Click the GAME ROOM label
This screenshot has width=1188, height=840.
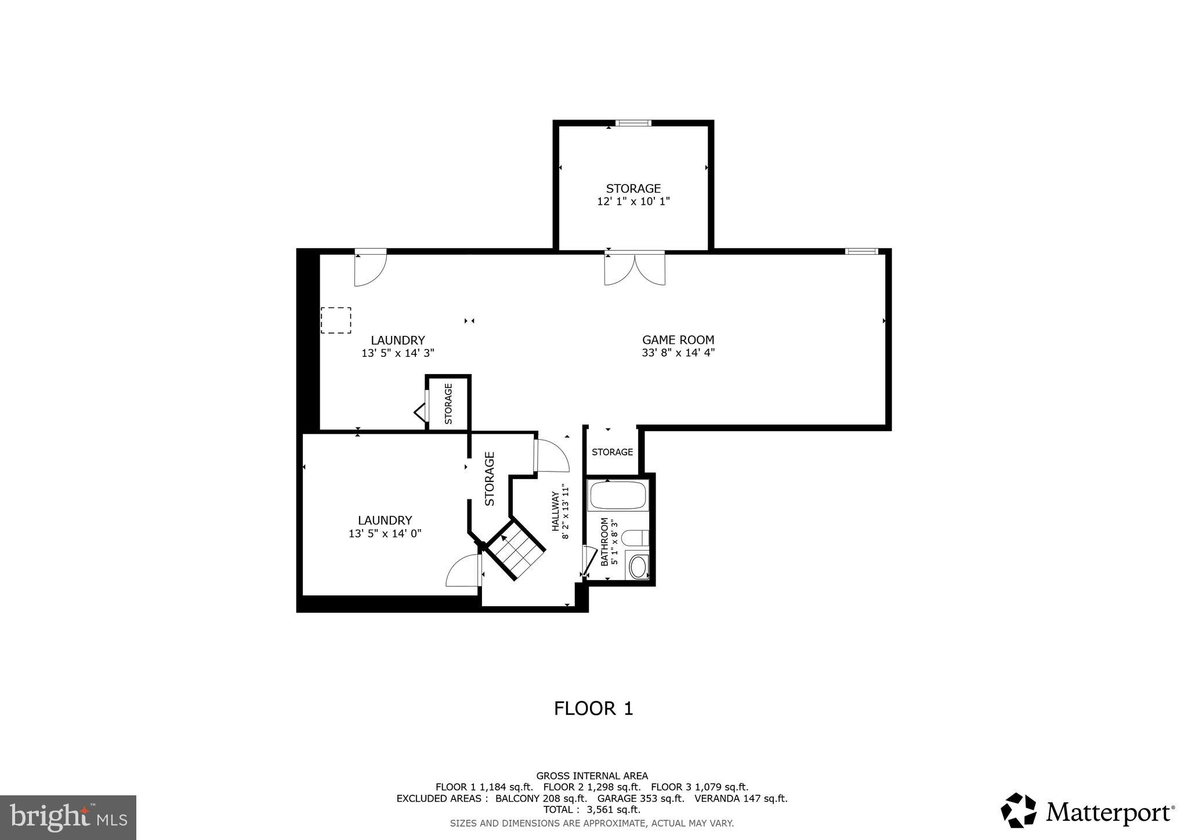pos(678,340)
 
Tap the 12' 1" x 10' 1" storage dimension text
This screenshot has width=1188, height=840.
pos(633,201)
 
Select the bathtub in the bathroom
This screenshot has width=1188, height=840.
pos(618,495)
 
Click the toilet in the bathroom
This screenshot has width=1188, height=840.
pos(635,537)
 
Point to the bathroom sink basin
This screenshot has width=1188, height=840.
pos(638,567)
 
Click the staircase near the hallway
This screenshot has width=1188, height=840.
pos(515,549)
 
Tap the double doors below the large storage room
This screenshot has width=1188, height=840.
pos(635,269)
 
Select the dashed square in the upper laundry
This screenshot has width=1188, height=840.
pos(336,320)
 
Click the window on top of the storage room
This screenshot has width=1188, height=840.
pos(633,123)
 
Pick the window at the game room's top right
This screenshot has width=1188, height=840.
pos(861,251)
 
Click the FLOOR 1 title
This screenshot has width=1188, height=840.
pos(593,708)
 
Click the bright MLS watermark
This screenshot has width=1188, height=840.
pos(68,818)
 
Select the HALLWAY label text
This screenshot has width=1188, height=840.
pos(555,511)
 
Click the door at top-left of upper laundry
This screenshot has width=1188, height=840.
pos(370,269)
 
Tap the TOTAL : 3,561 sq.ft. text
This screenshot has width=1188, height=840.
pos(592,809)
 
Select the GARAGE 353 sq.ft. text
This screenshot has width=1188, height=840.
pos(640,798)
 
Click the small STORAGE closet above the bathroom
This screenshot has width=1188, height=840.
pos(612,452)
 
